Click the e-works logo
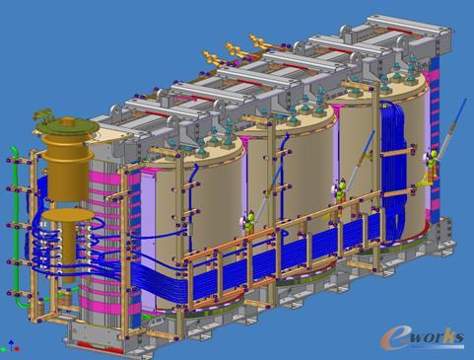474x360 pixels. coord(422,338)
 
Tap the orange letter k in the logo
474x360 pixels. coord(448,336)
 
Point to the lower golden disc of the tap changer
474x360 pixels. coord(68,214)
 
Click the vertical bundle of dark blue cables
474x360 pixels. coord(394,171)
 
